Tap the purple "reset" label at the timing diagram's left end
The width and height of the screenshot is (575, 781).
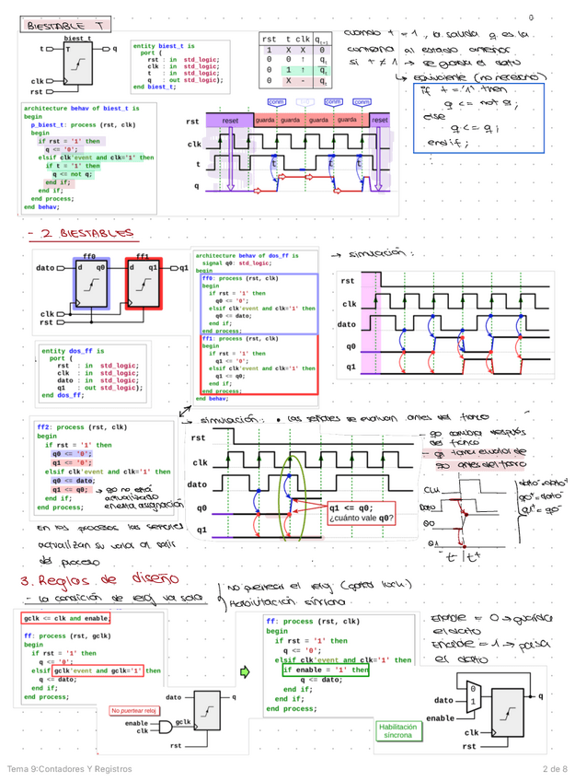[x=231, y=121]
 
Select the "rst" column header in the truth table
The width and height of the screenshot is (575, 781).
[x=269, y=40]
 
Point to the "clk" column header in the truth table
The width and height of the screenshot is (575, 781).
[x=303, y=40]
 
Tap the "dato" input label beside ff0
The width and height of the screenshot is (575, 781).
[x=45, y=268]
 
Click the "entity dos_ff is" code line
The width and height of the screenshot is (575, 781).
[x=74, y=351]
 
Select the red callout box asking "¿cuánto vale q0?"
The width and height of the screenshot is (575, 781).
[x=361, y=512]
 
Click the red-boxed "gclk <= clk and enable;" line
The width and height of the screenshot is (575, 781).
[x=71, y=619]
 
